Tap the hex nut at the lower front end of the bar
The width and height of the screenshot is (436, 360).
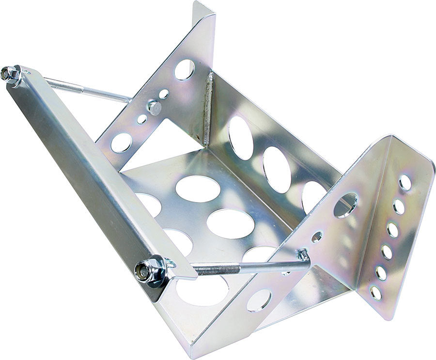point(144,270)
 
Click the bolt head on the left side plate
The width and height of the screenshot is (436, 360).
point(155,107)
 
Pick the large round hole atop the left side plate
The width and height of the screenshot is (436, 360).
point(185,69)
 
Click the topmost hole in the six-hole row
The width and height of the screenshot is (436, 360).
point(405,182)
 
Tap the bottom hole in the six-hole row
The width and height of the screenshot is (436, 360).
point(375,293)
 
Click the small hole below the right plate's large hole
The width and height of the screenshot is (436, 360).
point(317,236)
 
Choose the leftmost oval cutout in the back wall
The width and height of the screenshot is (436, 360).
point(240,138)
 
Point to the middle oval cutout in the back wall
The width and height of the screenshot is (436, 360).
point(277,170)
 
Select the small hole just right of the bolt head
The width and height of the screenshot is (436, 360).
point(164,94)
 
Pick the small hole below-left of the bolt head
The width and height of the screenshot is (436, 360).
point(142,119)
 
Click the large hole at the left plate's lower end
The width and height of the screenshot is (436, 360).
point(121,142)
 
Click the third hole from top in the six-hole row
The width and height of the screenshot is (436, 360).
point(392,230)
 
